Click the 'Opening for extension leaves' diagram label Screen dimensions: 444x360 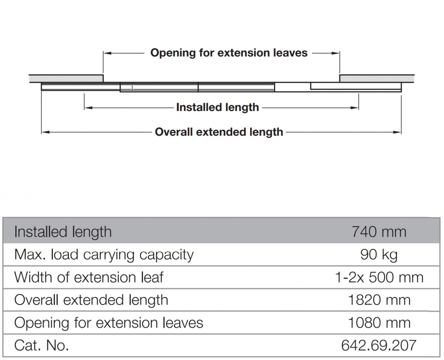point(229,53)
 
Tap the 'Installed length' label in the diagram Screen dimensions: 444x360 point(218,107)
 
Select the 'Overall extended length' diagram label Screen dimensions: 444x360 point(219,132)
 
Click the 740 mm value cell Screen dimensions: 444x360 point(379,232)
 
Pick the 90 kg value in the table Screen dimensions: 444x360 point(379,255)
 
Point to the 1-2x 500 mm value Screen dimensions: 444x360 point(379,277)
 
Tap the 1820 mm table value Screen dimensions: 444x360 point(379,300)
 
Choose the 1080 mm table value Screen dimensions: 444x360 point(379,323)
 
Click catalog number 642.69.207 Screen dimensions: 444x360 point(379,345)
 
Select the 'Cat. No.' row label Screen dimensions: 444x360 point(41,345)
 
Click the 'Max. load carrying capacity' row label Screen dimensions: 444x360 point(104,255)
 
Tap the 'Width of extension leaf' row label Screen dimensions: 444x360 point(89,277)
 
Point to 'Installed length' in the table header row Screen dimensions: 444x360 point(63,232)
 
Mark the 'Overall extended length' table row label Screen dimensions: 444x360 point(91,300)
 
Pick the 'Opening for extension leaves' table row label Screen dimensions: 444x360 point(108,323)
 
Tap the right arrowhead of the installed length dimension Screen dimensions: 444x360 point(355,107)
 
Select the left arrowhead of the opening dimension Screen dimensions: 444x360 point(107,53)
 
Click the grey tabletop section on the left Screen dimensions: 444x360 point(66,79)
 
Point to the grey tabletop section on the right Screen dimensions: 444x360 point(377,79)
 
